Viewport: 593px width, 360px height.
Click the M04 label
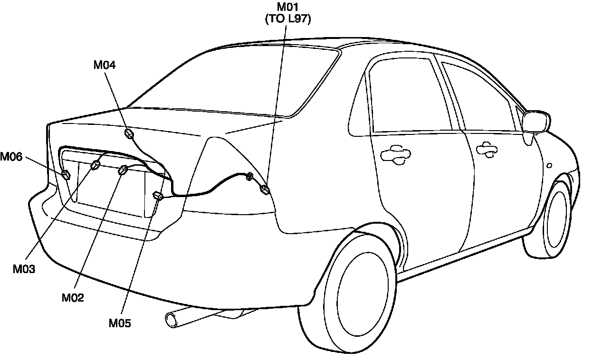pyautogui.click(x=105, y=65)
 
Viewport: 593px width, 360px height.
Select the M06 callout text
pyautogui.click(x=11, y=157)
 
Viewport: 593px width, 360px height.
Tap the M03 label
pyautogui.click(x=24, y=269)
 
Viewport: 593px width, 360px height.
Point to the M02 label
pyautogui.click(x=73, y=298)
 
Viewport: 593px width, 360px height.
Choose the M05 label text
pyautogui.click(x=120, y=323)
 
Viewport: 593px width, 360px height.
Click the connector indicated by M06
pyautogui.click(x=66, y=175)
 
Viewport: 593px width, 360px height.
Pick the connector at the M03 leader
pyautogui.click(x=95, y=165)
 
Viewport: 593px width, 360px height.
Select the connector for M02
pyautogui.click(x=123, y=170)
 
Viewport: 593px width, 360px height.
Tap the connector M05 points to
pyautogui.click(x=158, y=195)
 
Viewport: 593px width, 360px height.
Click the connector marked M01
pyautogui.click(x=265, y=191)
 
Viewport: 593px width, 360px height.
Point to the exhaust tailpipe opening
pyautogui.click(x=170, y=320)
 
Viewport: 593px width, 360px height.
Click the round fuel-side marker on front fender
pyautogui.click(x=549, y=166)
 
